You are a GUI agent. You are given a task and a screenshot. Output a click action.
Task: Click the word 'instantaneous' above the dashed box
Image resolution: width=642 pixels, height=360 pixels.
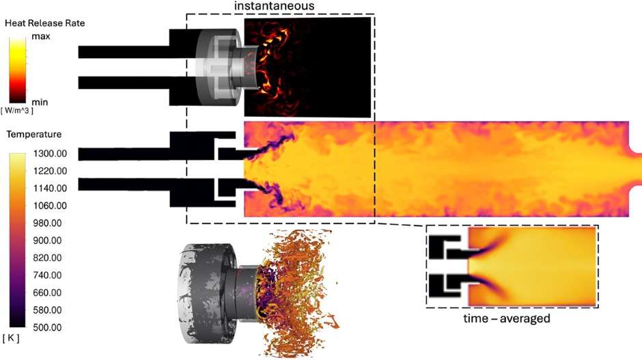pos(275,5)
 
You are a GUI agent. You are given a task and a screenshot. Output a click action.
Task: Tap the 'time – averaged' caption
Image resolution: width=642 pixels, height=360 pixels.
pos(507,318)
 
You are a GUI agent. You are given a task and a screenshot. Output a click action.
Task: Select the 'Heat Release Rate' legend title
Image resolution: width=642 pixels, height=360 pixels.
pos(44,23)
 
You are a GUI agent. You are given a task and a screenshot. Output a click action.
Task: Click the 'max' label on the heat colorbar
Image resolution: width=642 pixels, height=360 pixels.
pos(41,36)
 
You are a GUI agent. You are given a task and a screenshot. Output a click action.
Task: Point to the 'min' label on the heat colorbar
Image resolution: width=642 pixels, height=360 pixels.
pos(40,102)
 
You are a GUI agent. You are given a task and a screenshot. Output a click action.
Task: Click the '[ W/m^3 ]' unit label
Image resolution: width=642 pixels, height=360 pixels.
pos(17,111)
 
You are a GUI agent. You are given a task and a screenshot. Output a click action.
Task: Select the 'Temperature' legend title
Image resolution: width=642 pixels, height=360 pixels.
pos(34,135)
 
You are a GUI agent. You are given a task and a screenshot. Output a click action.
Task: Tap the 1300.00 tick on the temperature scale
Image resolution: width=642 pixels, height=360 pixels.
pos(50,154)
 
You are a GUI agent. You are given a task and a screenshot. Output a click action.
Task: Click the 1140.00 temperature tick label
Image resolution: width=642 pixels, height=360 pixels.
pos(50,189)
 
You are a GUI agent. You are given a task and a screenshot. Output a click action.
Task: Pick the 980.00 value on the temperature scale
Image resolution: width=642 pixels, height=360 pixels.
pos(48,223)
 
